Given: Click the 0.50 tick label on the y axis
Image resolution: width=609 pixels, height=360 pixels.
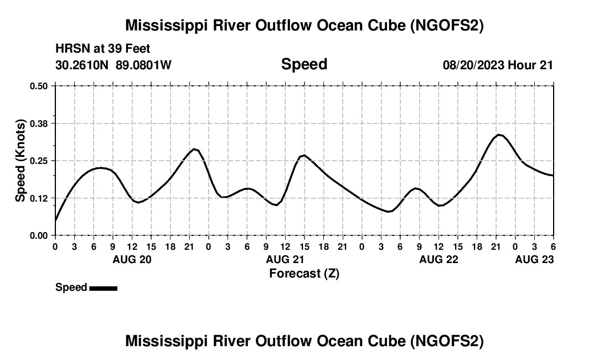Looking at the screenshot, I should point(39,86).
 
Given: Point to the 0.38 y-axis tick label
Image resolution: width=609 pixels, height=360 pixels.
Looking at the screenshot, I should point(39,124).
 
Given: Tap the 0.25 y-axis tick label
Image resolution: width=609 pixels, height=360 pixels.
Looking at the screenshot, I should point(39,161).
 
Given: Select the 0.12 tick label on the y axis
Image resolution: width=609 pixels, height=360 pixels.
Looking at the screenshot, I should point(39,198).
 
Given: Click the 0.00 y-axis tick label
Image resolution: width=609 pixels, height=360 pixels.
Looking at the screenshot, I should point(39,235).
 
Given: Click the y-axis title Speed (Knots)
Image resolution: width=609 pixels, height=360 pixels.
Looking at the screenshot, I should point(20,161).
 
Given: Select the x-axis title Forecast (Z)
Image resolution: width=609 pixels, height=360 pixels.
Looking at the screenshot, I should point(304,273).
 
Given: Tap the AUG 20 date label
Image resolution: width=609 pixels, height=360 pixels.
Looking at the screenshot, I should point(132,259).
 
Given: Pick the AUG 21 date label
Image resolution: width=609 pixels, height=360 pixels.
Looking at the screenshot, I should point(285,259).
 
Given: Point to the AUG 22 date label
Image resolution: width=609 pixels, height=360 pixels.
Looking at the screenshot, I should point(438,259).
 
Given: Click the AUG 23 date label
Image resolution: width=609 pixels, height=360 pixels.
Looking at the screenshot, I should point(534,259).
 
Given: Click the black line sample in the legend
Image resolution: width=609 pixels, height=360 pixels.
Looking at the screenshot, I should point(103,288).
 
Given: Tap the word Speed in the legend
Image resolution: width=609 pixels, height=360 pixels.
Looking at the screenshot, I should point(71,287).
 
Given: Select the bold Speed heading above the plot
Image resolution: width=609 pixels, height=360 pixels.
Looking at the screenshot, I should point(304,64).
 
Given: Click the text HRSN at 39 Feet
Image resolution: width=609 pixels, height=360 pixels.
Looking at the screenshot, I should point(103,49).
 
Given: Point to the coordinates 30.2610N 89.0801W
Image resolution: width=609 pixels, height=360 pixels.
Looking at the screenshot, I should point(113,65).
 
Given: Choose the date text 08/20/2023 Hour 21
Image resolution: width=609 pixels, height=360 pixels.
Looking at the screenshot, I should point(498,65).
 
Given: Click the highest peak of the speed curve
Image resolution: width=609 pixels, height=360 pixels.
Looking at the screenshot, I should point(499,135).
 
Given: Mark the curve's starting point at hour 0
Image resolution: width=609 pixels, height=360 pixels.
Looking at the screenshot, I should point(55,220).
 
